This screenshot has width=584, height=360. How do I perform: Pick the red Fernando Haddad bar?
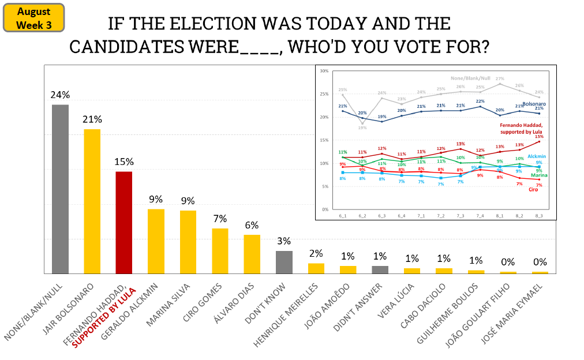tap(124, 222)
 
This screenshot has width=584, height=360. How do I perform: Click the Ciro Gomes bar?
tap(220, 250)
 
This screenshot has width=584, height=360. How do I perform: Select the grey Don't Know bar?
tap(284, 262)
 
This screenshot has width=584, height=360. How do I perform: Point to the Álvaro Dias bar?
tap(252, 254)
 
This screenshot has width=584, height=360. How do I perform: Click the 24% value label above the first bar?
tap(60, 95)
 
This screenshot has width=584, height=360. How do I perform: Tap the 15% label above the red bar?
tap(124, 162)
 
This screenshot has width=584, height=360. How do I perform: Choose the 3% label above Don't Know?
tap(284, 241)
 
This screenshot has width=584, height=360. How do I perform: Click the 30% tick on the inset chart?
tap(324, 71)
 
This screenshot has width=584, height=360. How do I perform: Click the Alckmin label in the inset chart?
tap(536, 156)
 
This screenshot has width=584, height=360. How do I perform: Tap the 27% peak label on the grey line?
tap(500, 78)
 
